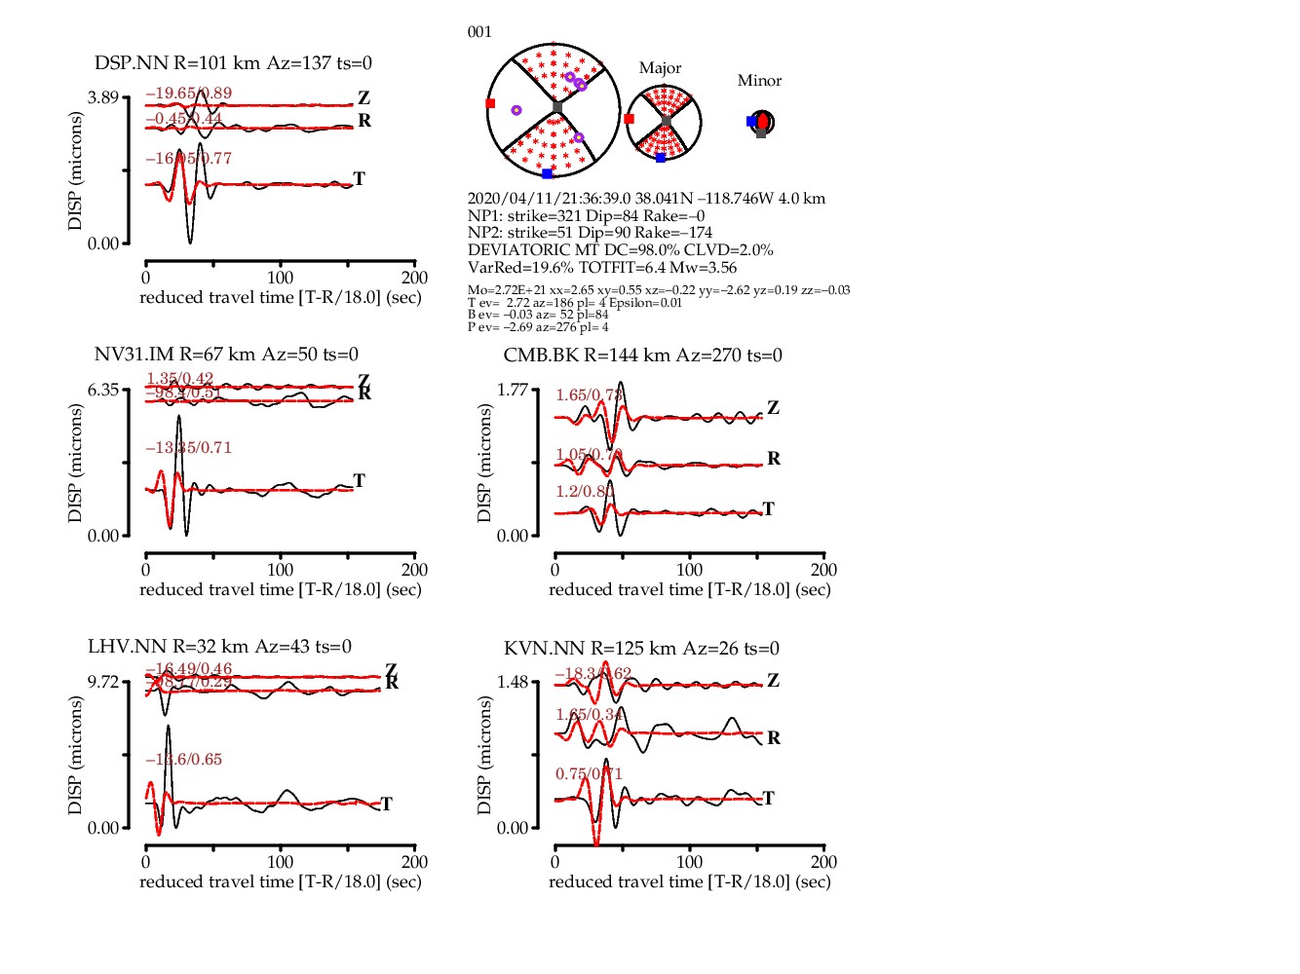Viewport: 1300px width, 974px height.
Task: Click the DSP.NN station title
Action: click(233, 63)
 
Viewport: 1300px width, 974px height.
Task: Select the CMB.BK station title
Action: click(642, 356)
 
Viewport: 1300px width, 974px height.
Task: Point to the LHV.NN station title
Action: click(219, 647)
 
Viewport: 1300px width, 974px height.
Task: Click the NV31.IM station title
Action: click(226, 355)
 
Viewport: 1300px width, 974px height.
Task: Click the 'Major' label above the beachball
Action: click(660, 68)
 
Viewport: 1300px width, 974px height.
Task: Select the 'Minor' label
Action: click(759, 81)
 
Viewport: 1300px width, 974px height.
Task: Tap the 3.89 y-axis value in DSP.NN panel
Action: click(102, 97)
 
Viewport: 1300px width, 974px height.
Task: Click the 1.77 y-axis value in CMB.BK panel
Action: click(512, 390)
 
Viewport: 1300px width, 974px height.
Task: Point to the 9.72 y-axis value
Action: click(102, 682)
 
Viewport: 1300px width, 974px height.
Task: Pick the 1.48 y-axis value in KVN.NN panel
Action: click(512, 682)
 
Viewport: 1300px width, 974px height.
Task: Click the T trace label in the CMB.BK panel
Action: click(769, 508)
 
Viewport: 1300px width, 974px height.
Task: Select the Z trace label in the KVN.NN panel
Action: click(773, 680)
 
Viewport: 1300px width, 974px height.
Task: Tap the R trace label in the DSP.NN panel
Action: click(364, 121)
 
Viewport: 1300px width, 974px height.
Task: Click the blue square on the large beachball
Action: click(547, 174)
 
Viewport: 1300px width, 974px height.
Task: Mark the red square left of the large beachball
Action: click(490, 103)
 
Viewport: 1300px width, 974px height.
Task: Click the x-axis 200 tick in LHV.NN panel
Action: click(414, 862)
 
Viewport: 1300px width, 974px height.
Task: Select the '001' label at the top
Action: click(479, 32)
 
